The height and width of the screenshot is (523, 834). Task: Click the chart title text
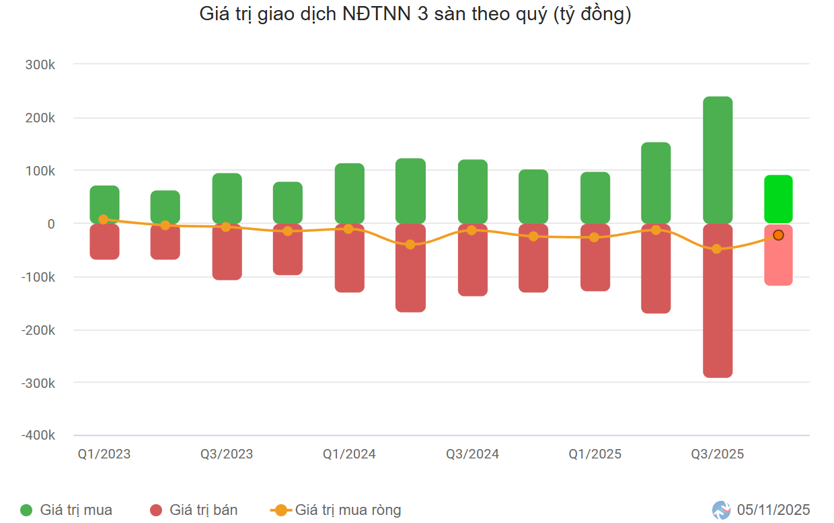pos(415,14)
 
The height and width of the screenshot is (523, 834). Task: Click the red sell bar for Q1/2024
pos(350,258)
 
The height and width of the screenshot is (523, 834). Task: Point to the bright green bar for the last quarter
pos(778,199)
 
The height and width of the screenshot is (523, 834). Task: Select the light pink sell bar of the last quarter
pos(778,262)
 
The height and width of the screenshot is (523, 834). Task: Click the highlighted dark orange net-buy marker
pos(778,235)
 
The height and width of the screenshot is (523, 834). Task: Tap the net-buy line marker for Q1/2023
pos(103,219)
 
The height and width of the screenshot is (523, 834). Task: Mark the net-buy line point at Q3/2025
pos(716,249)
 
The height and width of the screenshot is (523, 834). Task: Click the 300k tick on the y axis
pos(40,65)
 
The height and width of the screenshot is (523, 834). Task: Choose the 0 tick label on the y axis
pos(50,224)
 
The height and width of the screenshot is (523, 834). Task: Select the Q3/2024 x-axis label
pos(472,454)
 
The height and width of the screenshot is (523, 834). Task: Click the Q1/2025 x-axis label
pos(595,454)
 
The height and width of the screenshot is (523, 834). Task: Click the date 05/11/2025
pos(773,510)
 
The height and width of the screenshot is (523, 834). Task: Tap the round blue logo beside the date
pos(722,510)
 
